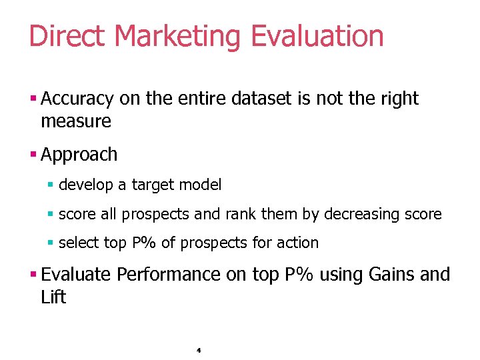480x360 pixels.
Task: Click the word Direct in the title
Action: coord(67,36)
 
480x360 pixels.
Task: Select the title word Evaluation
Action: coord(317,36)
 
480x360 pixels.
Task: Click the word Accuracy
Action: coord(77,99)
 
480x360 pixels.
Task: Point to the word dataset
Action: coord(261,99)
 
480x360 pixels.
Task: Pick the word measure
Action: coord(76,121)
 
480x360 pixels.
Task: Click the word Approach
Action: coord(79,155)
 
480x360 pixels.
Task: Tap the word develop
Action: coord(85,185)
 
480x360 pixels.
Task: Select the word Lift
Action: coord(53,297)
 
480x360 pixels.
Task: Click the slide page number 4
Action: coord(199,349)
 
